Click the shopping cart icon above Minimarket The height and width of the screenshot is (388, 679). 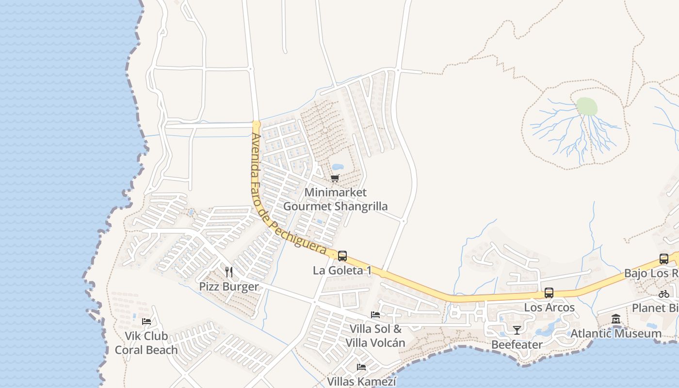[335, 178]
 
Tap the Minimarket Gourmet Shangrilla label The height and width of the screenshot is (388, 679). [335, 199]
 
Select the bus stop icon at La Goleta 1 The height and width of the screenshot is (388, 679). [342, 256]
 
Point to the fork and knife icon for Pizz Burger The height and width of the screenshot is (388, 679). [229, 272]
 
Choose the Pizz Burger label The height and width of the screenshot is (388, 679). [229, 287]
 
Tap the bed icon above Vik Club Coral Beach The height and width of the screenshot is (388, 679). [146, 321]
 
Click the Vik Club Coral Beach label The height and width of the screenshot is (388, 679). [146, 343]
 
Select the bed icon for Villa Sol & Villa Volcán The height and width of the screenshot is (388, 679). [375, 314]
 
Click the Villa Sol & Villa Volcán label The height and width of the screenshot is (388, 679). [375, 336]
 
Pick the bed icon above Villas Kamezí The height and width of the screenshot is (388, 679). [361, 367]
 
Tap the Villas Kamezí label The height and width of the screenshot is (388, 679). [361, 382]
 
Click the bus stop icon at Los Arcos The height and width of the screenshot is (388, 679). [549, 293]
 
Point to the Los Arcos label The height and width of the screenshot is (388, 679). [549, 307]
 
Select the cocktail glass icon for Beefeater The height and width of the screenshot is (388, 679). [517, 330]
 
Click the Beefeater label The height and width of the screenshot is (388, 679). [517, 344]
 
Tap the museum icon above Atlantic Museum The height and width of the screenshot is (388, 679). [616, 319]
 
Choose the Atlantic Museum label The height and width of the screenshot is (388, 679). [616, 334]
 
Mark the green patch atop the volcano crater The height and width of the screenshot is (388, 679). [587, 106]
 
